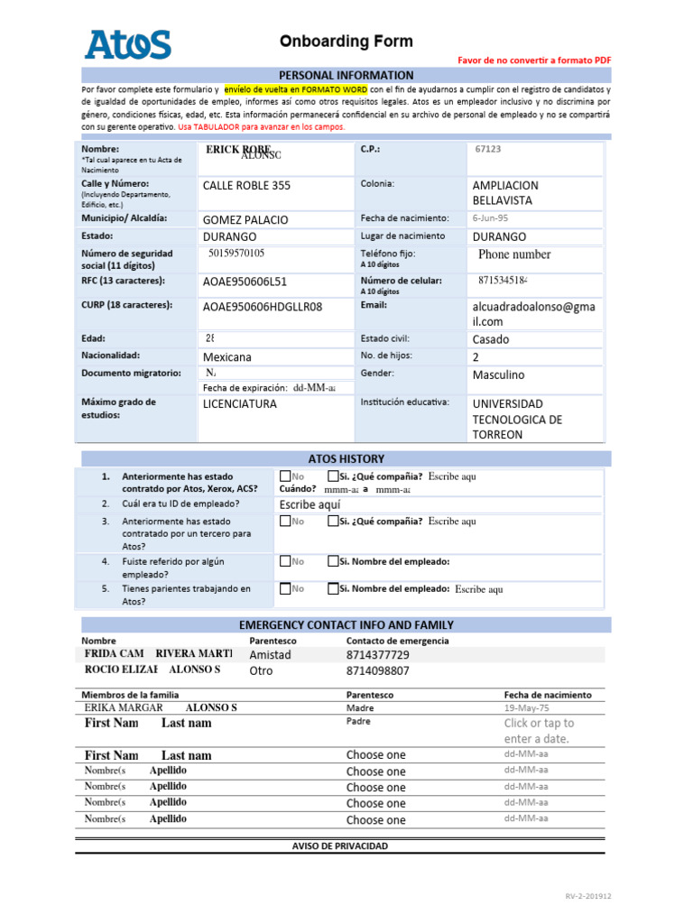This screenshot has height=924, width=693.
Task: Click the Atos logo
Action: point(127,44)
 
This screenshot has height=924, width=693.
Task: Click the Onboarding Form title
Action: point(346,42)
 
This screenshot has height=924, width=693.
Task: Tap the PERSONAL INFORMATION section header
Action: point(346,75)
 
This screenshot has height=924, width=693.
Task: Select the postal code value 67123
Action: point(488,149)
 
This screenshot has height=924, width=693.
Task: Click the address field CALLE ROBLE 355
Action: point(246,185)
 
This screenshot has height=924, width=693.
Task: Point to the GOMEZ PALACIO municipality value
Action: point(245,219)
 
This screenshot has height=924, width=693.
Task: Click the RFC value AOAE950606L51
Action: point(245,282)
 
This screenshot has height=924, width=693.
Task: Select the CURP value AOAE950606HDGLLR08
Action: point(263,306)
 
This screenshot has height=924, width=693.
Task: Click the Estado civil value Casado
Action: point(491,339)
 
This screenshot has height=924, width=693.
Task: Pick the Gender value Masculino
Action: point(498,374)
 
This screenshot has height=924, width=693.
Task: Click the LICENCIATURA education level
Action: point(240,403)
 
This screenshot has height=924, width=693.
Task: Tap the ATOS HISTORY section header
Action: point(346,458)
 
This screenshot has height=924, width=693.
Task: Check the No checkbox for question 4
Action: point(285,561)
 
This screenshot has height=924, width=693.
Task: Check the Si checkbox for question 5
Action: point(333,588)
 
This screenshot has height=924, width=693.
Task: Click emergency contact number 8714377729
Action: point(377,655)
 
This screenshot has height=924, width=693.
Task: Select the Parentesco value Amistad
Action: point(270,655)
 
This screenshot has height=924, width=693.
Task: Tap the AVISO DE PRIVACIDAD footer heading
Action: point(340,845)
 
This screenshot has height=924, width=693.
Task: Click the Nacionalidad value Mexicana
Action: point(227,356)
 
